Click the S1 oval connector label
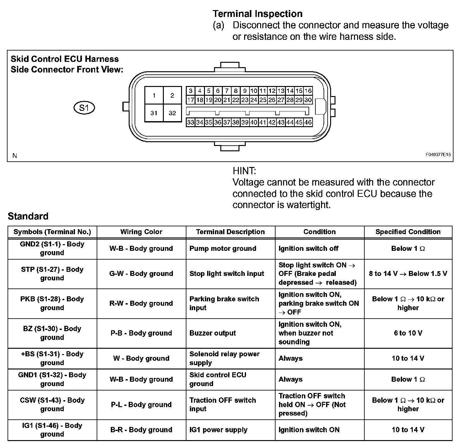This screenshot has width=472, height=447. point(84,108)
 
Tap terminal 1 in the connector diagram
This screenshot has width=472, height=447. point(154,95)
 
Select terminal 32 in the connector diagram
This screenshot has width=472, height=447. point(172,113)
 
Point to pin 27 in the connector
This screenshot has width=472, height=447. point(281,100)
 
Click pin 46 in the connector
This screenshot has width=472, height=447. point(308,122)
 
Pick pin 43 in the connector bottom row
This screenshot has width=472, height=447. point(281,122)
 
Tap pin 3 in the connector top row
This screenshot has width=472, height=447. point(190,91)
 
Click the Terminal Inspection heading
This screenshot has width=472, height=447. point(257,14)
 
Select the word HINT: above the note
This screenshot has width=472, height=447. point(244,171)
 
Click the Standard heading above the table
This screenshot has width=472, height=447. point(28,216)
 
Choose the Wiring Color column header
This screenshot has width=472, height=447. point(141,232)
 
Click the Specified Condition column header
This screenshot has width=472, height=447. point(408,232)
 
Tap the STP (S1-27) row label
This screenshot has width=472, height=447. point(52,274)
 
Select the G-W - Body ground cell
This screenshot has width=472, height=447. point(141,274)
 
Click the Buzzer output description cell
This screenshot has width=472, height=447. point(212,333)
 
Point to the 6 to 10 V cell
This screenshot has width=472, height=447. point(408,333)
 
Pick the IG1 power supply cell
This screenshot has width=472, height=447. point(218,430)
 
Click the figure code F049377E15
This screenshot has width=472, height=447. point(438,155)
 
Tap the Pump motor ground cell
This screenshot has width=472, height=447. point(223,249)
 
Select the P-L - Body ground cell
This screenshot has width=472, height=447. point(141,405)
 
